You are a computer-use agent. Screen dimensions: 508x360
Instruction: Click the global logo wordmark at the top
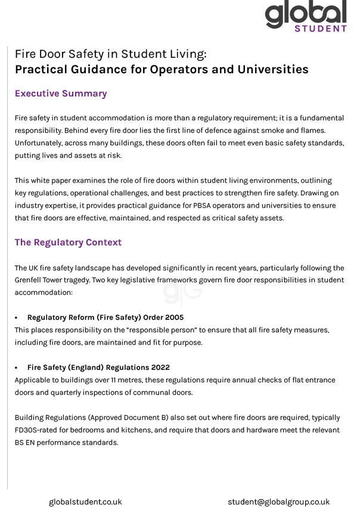(x=305, y=13)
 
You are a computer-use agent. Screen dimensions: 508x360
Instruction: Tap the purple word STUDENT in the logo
(x=321, y=28)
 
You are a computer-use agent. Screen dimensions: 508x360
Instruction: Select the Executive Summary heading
(x=61, y=94)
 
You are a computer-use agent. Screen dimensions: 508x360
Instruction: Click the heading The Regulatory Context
(x=68, y=242)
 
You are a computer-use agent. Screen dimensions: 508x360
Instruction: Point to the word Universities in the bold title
(x=273, y=69)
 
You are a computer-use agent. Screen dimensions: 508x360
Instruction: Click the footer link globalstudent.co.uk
(x=85, y=502)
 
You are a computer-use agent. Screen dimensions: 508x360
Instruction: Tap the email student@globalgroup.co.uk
(x=278, y=502)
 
